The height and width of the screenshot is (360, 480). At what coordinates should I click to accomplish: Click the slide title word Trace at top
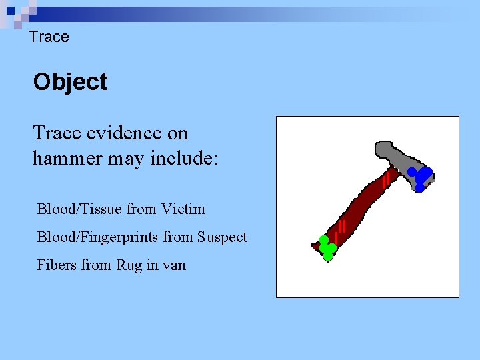(x=49, y=37)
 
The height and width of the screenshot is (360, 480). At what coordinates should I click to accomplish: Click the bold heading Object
(x=70, y=82)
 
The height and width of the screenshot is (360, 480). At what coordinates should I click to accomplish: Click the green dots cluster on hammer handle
(x=327, y=247)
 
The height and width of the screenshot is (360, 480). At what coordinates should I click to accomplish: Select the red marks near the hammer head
(x=386, y=178)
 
